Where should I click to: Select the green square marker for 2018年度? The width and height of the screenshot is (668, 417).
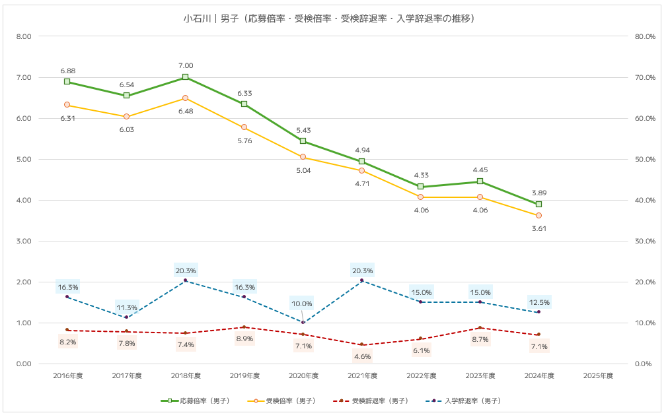[x=186, y=77]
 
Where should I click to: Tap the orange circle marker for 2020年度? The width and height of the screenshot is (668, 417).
[x=303, y=157]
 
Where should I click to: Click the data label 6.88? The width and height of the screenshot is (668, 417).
[x=67, y=71]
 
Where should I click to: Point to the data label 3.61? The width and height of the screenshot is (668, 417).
[x=539, y=228]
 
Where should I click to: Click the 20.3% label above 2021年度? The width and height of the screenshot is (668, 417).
[x=362, y=271]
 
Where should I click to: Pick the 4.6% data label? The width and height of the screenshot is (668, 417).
[x=362, y=356]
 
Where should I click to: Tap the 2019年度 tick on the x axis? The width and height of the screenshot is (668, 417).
[x=244, y=375]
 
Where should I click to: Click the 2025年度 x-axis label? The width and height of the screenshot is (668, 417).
[x=598, y=375]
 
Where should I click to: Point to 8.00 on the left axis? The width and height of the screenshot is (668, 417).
[x=24, y=36]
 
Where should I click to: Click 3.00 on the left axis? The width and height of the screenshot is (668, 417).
[x=24, y=241]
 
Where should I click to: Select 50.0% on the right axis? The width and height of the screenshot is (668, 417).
[x=644, y=159]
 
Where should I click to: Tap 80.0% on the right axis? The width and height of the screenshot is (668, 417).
[x=644, y=36]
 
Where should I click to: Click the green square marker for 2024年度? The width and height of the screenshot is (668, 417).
[x=539, y=205]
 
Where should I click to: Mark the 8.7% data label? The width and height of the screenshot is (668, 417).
[x=480, y=339]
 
